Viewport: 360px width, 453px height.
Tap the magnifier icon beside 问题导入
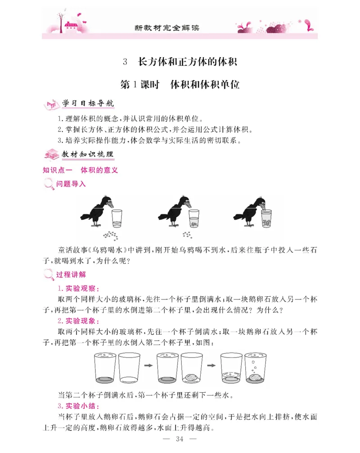[x=49, y=184]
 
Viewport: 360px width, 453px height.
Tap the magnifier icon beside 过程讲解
[x=49, y=275]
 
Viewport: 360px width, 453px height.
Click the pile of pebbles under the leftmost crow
[x=110, y=235]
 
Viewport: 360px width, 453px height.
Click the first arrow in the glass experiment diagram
[x=147, y=367]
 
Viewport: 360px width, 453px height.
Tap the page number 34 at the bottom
[x=180, y=439]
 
